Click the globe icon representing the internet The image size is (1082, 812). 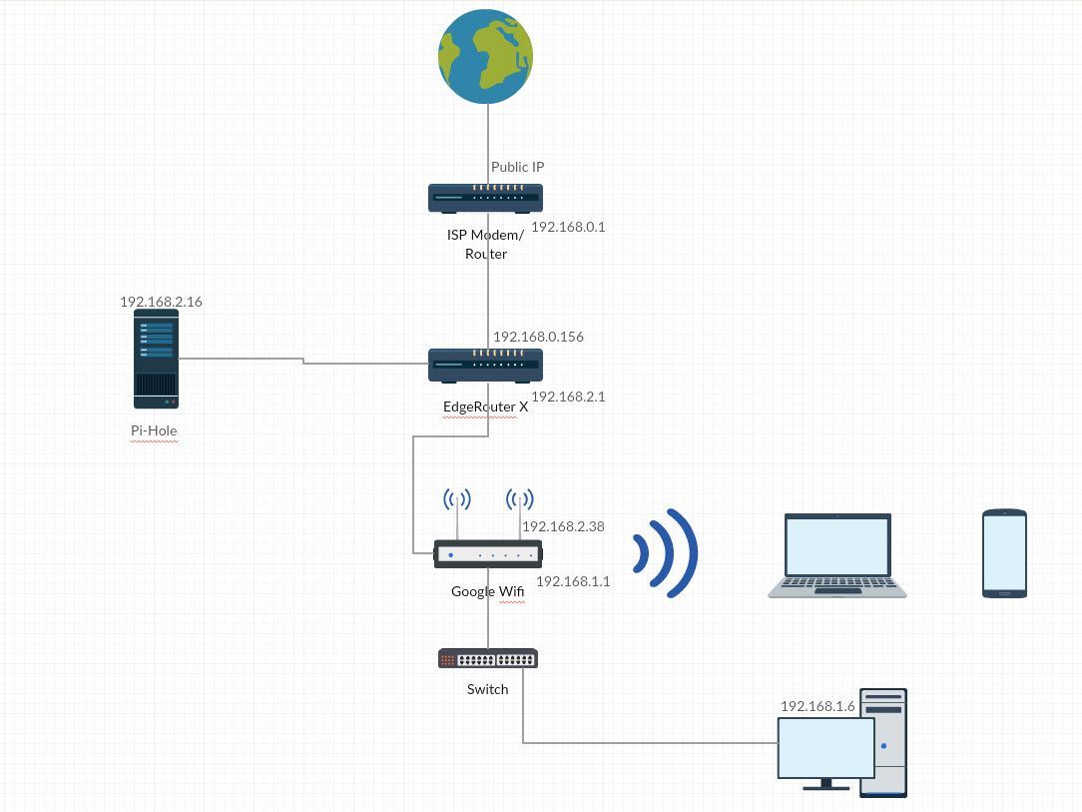point(485,56)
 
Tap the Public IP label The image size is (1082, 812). point(517,167)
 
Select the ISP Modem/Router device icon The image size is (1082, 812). point(485,198)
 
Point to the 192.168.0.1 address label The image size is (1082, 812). point(568,227)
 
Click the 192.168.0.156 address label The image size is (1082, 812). point(538,337)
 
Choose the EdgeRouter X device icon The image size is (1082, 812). point(485,366)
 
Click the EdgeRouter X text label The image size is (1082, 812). point(485,406)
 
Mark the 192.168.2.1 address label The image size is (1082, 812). point(568,397)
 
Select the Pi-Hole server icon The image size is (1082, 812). point(156,359)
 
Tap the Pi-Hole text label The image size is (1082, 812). point(154,431)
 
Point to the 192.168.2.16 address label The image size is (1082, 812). point(161,302)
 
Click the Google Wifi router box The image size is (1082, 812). point(487,554)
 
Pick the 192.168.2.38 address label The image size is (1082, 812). point(563,526)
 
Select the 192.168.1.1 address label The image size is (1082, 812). point(573,581)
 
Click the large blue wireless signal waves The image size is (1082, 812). point(664,553)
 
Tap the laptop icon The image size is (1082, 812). point(836,555)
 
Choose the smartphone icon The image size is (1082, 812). point(1004,553)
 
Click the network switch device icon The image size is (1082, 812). point(487,658)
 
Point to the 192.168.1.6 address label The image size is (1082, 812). point(817,706)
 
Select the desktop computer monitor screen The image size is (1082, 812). point(825,747)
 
